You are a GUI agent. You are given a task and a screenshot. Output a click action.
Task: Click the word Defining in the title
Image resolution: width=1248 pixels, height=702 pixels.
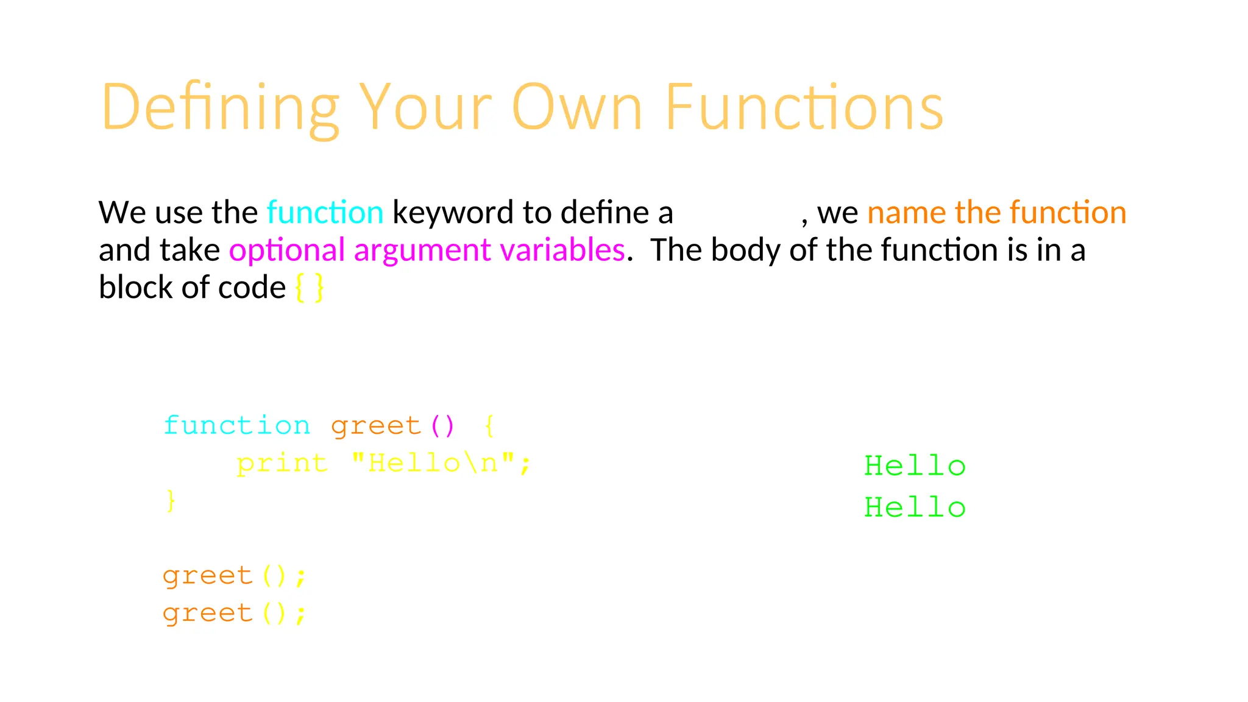point(219,107)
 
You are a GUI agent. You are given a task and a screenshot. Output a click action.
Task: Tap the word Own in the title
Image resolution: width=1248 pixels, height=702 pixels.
point(576,107)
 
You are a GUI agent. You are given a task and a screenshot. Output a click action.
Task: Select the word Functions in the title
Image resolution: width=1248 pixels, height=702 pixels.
point(803,107)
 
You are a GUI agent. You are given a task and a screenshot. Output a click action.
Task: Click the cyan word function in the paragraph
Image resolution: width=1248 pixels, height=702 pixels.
point(325,213)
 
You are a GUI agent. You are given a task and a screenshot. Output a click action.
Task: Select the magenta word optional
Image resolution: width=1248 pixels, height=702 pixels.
point(287,250)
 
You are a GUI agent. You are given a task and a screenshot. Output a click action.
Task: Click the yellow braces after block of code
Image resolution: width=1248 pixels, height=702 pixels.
point(310,288)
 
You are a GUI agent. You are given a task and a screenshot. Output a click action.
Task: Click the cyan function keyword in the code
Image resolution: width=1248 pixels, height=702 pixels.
point(237,425)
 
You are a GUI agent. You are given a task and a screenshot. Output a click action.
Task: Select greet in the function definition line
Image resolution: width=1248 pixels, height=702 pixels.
point(376,425)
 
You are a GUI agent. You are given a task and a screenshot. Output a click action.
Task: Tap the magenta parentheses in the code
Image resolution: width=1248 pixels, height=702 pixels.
point(442,425)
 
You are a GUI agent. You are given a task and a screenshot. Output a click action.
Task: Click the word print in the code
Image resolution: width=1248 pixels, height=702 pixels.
point(282,463)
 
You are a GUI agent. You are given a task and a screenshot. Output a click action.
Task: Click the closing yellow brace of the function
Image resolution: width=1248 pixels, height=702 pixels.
point(171,501)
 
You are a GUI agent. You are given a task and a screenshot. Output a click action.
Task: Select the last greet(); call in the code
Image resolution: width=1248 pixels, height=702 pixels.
point(234,613)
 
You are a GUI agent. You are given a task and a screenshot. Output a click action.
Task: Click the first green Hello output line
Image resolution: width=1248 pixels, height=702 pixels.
point(915,467)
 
